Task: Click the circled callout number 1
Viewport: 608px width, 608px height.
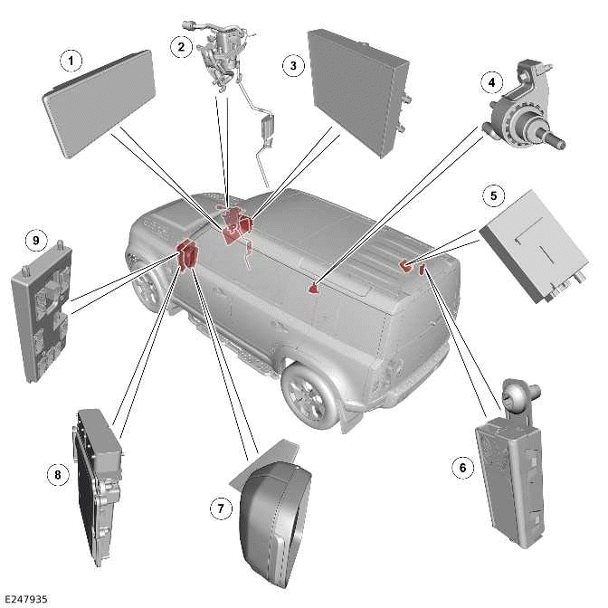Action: [x=71, y=61]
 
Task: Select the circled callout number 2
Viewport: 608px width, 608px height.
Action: [x=182, y=47]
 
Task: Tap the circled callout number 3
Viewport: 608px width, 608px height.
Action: [x=291, y=65]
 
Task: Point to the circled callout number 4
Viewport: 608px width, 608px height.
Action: [x=491, y=82]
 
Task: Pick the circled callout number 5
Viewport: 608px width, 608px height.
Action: [x=494, y=195]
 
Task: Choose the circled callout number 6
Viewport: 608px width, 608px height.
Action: [x=463, y=467]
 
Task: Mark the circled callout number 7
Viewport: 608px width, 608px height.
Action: [x=220, y=509]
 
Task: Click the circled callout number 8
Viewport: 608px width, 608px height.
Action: [x=57, y=472]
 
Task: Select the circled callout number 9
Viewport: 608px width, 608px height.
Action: [x=35, y=241]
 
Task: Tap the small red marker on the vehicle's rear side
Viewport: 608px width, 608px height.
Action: [x=314, y=288]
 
